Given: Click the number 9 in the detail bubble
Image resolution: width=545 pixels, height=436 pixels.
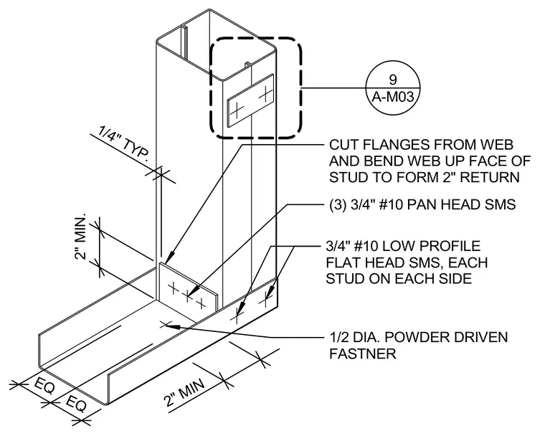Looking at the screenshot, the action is pos(393,80).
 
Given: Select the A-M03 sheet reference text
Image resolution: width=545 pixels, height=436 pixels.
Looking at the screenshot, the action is pos(393,97).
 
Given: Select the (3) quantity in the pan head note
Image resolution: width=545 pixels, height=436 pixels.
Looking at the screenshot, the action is pos(337,205).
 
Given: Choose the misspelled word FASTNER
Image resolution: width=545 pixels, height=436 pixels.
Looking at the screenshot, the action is pos(363,354).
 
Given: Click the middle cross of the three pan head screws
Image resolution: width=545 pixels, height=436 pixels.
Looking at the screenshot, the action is pos(187,296).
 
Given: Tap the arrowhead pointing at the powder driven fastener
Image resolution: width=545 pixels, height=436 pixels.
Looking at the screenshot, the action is pos(174,327).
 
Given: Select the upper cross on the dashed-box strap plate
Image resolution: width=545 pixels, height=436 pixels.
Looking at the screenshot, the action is pos(266,93).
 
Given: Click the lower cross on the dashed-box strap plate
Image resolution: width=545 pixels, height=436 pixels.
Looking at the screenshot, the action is pos(237,110).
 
